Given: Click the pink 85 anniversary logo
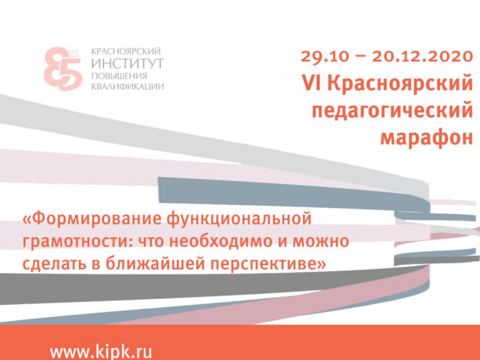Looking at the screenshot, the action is (62, 69).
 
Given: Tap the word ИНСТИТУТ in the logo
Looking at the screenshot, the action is (127, 63).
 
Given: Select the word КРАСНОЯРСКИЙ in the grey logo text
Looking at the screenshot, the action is (126, 51).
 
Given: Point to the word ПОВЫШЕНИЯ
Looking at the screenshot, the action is (119, 76).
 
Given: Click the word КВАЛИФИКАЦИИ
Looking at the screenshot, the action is (127, 86).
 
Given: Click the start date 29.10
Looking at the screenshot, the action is (325, 57).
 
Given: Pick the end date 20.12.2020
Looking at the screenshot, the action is (422, 57).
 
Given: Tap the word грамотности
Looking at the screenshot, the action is (77, 241).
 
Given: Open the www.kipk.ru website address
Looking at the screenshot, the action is (101, 351).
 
